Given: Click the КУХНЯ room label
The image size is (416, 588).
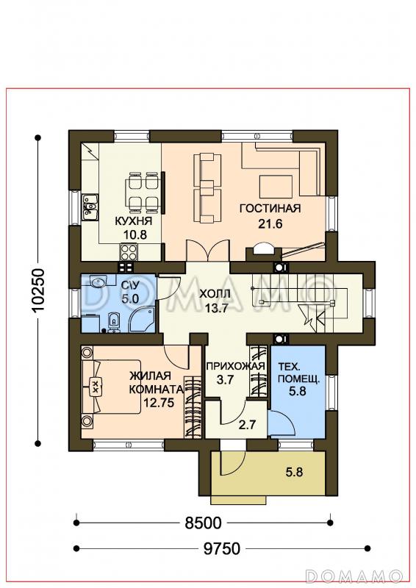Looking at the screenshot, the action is coord(133,220).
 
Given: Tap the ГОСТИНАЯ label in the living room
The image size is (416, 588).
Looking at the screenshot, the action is coord(270,208).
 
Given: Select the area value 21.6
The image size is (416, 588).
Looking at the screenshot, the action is coord(270,224).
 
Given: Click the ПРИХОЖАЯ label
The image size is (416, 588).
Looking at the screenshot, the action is coord(236,365).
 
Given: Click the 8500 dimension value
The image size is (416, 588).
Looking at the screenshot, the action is coord(204,523).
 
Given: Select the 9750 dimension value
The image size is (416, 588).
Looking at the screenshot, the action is coord(222,548).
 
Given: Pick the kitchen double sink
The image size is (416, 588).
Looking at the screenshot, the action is coord(90,207).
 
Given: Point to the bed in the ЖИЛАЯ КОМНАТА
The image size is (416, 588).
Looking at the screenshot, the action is coord(111,387).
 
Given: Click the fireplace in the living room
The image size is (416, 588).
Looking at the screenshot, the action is coord(263,252).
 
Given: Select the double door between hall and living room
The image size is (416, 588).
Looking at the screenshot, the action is coord(208,250).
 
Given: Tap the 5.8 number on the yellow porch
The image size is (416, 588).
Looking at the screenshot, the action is coord(294,472).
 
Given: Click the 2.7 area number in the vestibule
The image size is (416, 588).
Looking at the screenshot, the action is coord(247,425).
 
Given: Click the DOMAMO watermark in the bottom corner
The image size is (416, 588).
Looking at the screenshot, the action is coord(354,576).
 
